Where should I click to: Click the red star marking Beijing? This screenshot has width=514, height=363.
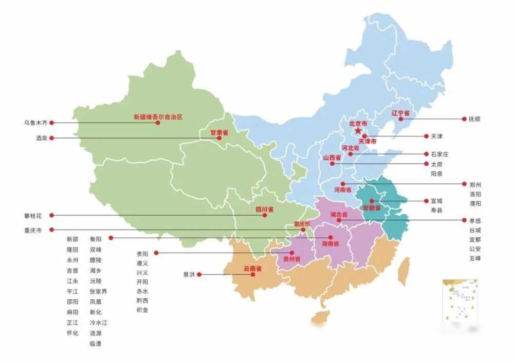point(358,131)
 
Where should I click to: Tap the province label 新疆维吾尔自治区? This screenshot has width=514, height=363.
point(158,117)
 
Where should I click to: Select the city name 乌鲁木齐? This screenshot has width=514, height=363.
point(35,123)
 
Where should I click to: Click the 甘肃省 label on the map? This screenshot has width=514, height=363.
point(219,132)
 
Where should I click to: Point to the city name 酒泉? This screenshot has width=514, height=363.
point(42,138)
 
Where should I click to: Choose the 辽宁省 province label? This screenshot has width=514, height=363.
point(400,113)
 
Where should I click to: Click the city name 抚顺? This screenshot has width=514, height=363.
point(474,119)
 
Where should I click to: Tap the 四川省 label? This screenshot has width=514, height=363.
point(264,209)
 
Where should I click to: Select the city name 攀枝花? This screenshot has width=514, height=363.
point(33,216)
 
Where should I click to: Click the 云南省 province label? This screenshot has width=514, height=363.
point(252,269)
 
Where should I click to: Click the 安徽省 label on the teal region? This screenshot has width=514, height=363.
point(372,208)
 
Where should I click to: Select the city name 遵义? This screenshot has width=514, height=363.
point(142,263)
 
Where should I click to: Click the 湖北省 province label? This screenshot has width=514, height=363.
point(339,214)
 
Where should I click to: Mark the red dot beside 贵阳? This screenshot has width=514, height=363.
point(156,253)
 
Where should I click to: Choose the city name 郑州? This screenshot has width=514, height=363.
point(475,184)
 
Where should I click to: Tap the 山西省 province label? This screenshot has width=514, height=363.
point(332,158)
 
